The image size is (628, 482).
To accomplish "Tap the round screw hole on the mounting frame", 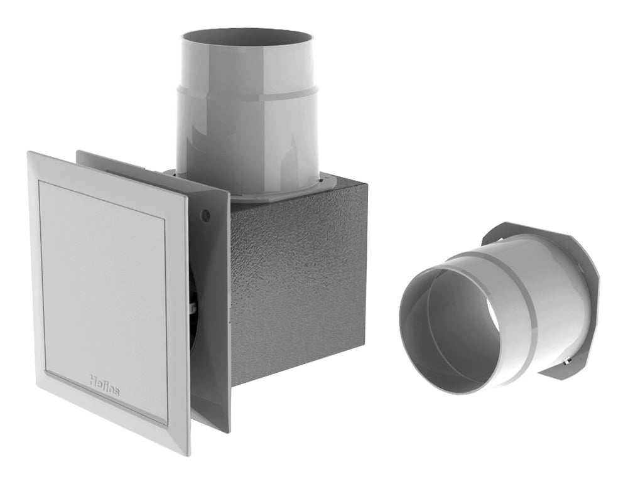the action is click(205, 215).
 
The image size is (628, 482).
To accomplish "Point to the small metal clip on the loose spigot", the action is click(566, 363).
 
